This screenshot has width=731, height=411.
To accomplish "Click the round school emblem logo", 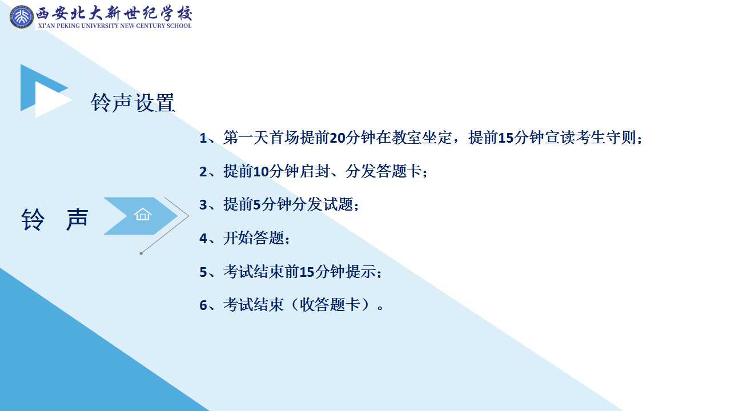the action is point(22,17).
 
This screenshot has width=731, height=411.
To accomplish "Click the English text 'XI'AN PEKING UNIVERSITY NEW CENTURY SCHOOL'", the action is point(115,26).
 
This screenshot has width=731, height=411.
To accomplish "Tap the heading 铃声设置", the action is point(133,102).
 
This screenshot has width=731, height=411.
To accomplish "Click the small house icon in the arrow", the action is point(143,215).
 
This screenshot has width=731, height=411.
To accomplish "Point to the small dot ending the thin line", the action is point(141,253).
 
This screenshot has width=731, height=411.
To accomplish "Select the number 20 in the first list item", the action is point(338,138).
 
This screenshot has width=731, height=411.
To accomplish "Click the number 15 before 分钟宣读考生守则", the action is point(506,138).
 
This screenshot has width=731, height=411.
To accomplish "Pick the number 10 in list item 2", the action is point(261,172).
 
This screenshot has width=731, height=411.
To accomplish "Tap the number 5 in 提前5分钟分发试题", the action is point(257,205).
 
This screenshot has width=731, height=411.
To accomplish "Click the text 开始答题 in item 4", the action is point(254,238).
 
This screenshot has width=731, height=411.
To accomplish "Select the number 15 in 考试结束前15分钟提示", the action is point(307,272).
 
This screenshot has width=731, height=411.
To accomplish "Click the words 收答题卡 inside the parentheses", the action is point(330,305).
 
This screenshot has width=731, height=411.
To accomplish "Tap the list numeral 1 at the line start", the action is point(203,138).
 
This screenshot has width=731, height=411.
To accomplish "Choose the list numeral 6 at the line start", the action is point(203,305).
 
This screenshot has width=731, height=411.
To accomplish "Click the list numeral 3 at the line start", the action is point(203,205).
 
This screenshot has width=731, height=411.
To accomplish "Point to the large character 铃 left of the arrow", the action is point(33,220).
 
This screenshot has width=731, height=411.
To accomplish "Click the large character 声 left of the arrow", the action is point(77,220).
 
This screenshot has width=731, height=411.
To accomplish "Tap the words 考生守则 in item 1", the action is point(605,138).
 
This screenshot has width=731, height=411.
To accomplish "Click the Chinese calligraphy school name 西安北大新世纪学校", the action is point(114,13).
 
